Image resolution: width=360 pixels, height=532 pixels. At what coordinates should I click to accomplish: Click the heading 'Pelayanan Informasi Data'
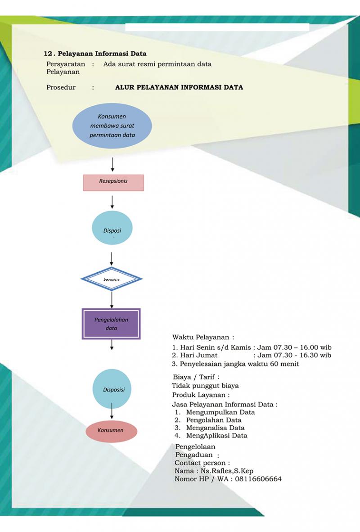pos(101,54)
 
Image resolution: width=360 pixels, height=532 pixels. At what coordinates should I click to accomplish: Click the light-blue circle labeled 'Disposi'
pos(112,229)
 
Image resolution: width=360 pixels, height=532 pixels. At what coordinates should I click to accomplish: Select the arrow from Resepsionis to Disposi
pos(112,201)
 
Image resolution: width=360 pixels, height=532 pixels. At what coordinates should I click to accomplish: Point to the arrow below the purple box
pos(112,344)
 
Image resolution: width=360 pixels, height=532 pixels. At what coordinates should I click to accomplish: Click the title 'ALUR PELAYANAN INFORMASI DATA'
pos(179,87)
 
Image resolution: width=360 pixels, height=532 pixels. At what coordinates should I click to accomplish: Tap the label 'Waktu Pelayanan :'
pos(203,337)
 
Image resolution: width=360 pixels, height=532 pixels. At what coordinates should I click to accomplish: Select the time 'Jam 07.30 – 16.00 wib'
pos(294,347)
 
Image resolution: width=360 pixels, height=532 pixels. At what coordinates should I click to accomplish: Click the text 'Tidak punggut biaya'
pos(205,386)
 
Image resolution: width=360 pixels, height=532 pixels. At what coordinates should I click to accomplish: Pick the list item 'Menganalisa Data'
pos(215,428)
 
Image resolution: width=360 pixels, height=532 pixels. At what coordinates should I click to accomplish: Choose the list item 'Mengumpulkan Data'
pos(220,412)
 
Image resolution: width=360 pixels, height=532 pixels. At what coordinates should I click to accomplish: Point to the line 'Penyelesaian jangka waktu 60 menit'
pos(239,364)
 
